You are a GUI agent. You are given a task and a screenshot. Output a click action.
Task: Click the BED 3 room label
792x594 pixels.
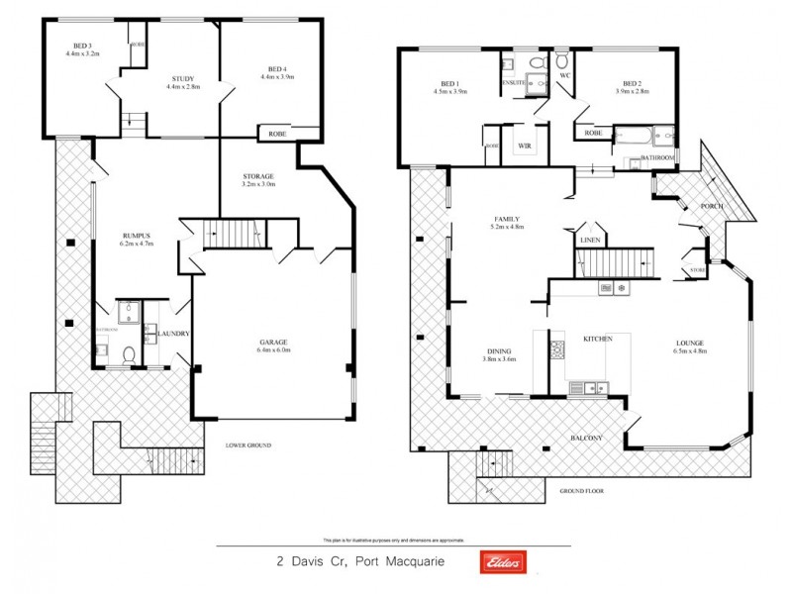[82, 44]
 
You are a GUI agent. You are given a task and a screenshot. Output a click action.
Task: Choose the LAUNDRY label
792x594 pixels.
[173, 334]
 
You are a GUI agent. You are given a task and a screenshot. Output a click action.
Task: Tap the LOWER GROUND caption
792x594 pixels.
[247, 445]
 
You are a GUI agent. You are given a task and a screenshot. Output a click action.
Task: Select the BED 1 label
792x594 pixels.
[449, 85]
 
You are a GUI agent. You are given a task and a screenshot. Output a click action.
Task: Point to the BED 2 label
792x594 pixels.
[633, 85]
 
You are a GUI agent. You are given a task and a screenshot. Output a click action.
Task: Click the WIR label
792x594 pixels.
[525, 146]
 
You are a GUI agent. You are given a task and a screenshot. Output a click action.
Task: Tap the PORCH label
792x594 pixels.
[711, 206]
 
